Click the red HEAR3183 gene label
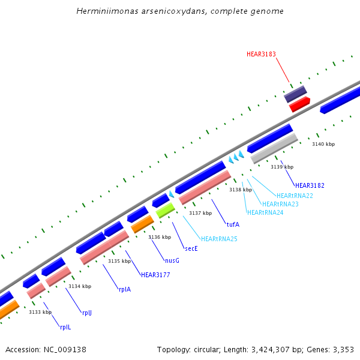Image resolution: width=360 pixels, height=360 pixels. click(261, 54)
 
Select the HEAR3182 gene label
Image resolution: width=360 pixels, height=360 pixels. click(310, 185)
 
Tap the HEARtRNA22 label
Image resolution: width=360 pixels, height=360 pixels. click(295, 196)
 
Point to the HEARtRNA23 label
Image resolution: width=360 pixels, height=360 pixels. click(280, 204)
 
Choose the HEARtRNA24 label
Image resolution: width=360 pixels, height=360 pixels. click(265, 212)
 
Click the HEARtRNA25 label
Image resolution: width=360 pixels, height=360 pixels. click(219, 239)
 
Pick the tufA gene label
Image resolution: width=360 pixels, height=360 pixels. click(233, 224)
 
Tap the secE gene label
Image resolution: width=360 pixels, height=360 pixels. click(191, 248)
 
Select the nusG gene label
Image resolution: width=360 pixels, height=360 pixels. click(172, 260)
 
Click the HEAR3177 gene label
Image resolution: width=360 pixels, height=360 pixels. click(155, 275)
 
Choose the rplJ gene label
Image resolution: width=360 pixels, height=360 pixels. click(87, 313)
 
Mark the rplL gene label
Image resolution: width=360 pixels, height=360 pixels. click(65, 327)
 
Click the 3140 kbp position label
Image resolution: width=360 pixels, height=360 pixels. click(323, 144)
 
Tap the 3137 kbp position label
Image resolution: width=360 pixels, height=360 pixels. click(200, 213)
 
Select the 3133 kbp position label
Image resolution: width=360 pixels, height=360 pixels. click(40, 312)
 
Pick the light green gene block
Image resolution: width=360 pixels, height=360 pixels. click(165, 210)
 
